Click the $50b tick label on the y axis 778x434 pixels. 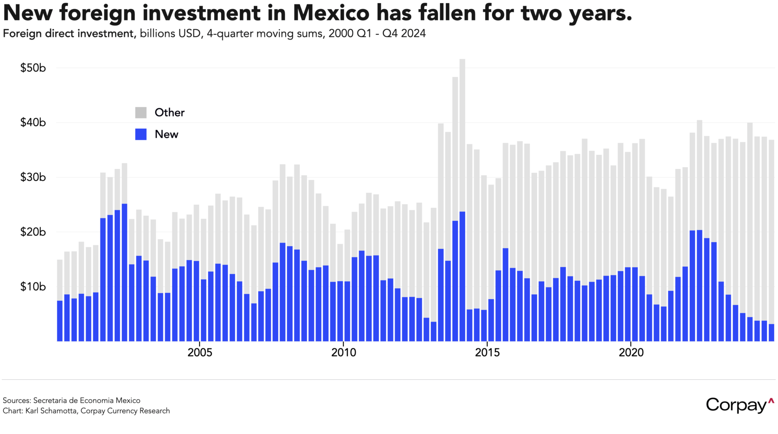[x=33, y=68]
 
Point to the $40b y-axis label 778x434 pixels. [x=33, y=123]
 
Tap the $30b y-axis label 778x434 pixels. [x=33, y=178]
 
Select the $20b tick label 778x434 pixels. [x=33, y=232]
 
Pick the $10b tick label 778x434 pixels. [x=33, y=287]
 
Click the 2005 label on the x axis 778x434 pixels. [x=200, y=352]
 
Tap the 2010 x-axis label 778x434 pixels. [x=344, y=352]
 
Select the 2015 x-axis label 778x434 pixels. [x=487, y=352]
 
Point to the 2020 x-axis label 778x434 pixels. [x=631, y=352]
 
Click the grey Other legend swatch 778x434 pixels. [x=141, y=113]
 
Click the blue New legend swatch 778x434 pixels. [x=141, y=135]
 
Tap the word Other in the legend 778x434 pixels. [x=170, y=113]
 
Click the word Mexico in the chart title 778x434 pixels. [x=331, y=13]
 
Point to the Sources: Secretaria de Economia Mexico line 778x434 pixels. [x=72, y=401]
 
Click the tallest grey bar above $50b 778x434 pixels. [x=462, y=130]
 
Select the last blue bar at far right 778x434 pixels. [x=771, y=333]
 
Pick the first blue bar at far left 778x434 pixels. [x=60, y=321]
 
